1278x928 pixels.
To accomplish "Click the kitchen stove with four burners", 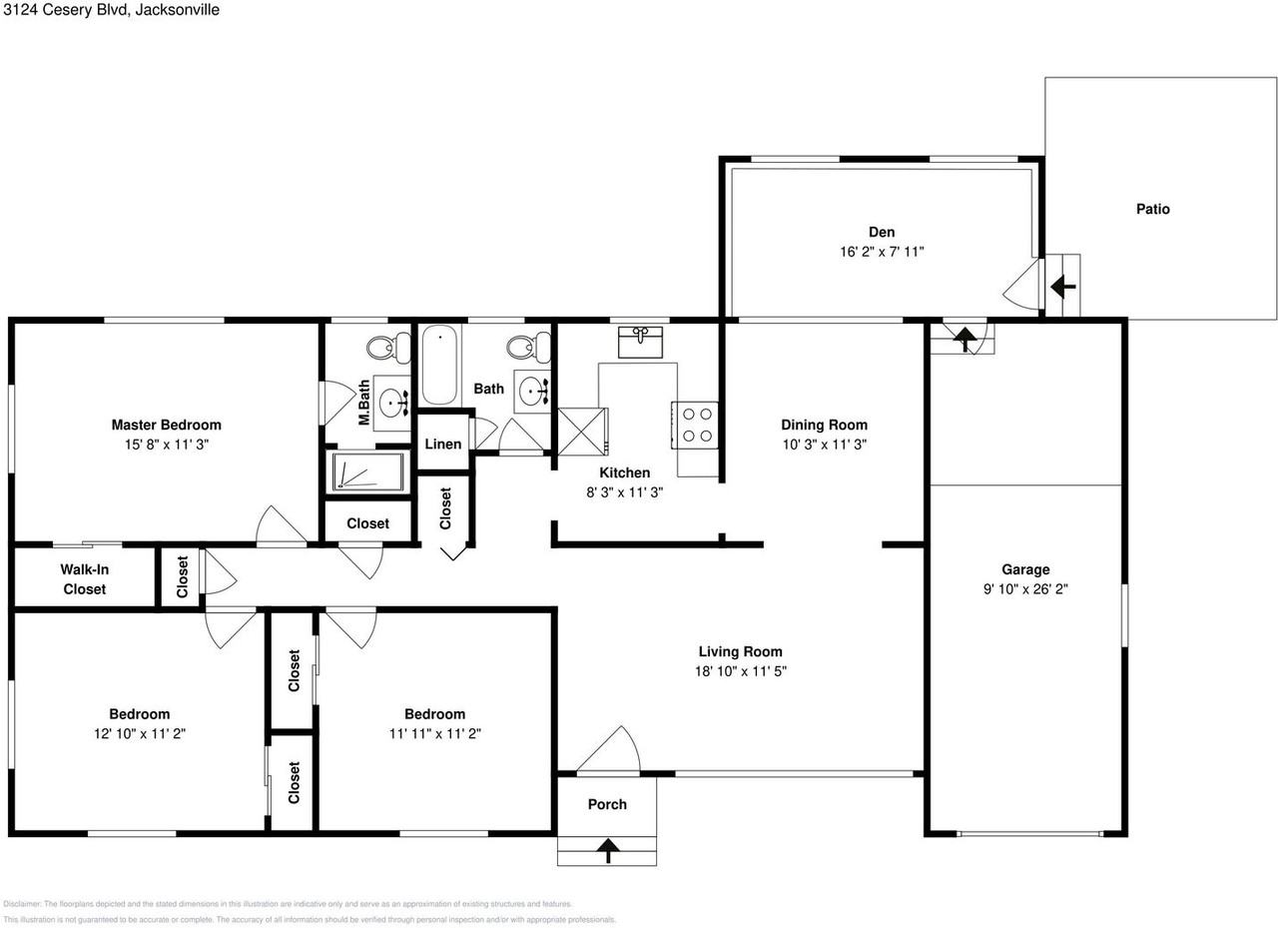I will click(695, 423).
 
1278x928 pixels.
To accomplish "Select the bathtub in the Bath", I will click(440, 365).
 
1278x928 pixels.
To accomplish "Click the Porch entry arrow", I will click(607, 850).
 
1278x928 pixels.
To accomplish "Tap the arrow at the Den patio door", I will click(1062, 287).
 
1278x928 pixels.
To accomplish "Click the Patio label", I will click(1152, 209).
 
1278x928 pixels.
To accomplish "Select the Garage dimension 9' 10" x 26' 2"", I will click(1026, 589).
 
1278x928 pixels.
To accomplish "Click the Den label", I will click(881, 233).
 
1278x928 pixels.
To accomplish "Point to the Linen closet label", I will click(443, 445).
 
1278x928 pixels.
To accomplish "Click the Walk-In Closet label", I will click(85, 579).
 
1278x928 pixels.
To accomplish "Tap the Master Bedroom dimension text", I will click(166, 445).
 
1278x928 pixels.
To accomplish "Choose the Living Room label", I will click(740, 651).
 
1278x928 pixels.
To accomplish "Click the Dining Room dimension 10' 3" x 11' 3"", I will click(824, 445).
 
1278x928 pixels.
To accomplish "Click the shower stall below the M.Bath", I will click(365, 472).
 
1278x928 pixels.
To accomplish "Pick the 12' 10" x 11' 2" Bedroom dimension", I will click(140, 733).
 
